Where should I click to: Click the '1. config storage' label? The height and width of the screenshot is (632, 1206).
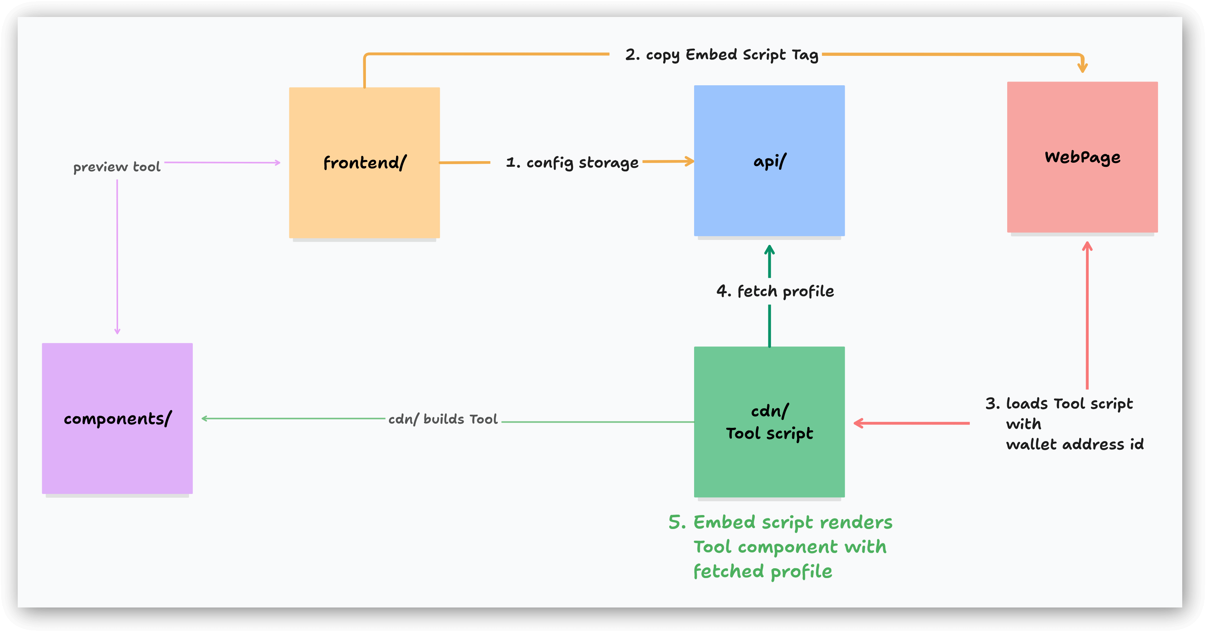point(572,163)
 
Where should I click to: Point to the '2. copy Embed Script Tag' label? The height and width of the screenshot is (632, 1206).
point(721,55)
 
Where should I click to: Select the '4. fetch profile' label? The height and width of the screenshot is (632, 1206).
point(775,291)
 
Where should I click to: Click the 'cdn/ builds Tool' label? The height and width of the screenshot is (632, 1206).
point(443,419)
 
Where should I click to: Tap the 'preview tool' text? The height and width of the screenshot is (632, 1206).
point(117,167)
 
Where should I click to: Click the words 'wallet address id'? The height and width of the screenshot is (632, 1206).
point(1074,444)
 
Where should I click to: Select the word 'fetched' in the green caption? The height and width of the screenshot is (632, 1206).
point(728,571)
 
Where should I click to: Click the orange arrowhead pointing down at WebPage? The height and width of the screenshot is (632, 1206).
point(1082,68)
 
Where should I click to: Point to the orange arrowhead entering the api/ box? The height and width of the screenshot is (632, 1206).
point(689,161)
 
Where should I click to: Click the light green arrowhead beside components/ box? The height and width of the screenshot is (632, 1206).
point(204,418)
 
